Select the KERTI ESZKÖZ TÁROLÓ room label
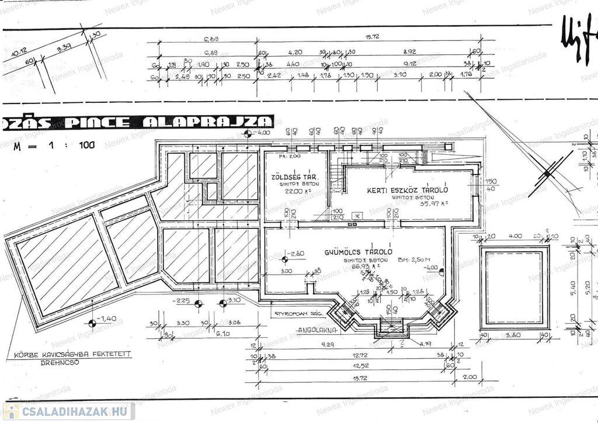click(x=408, y=190)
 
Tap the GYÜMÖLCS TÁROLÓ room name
click(x=359, y=252)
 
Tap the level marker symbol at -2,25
click(x=199, y=303)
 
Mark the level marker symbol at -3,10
click(x=222, y=303)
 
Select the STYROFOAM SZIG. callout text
click(x=300, y=314)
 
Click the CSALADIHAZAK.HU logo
click(x=69, y=411)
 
